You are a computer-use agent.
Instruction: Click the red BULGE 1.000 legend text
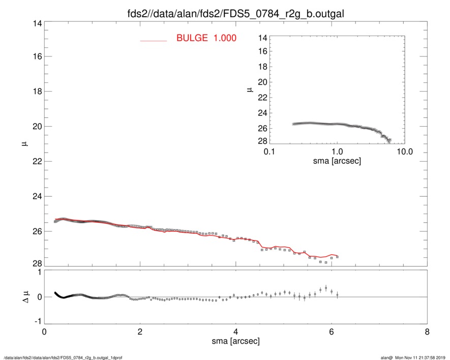[206, 38]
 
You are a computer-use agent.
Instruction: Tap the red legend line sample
[153, 40]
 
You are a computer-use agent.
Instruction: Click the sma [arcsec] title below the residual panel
[235, 341]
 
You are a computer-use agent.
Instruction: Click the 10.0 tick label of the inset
[403, 152]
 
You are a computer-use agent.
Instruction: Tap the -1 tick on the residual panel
[37, 321]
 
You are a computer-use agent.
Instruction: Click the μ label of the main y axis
[23, 144]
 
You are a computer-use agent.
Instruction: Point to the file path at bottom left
[63, 357]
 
